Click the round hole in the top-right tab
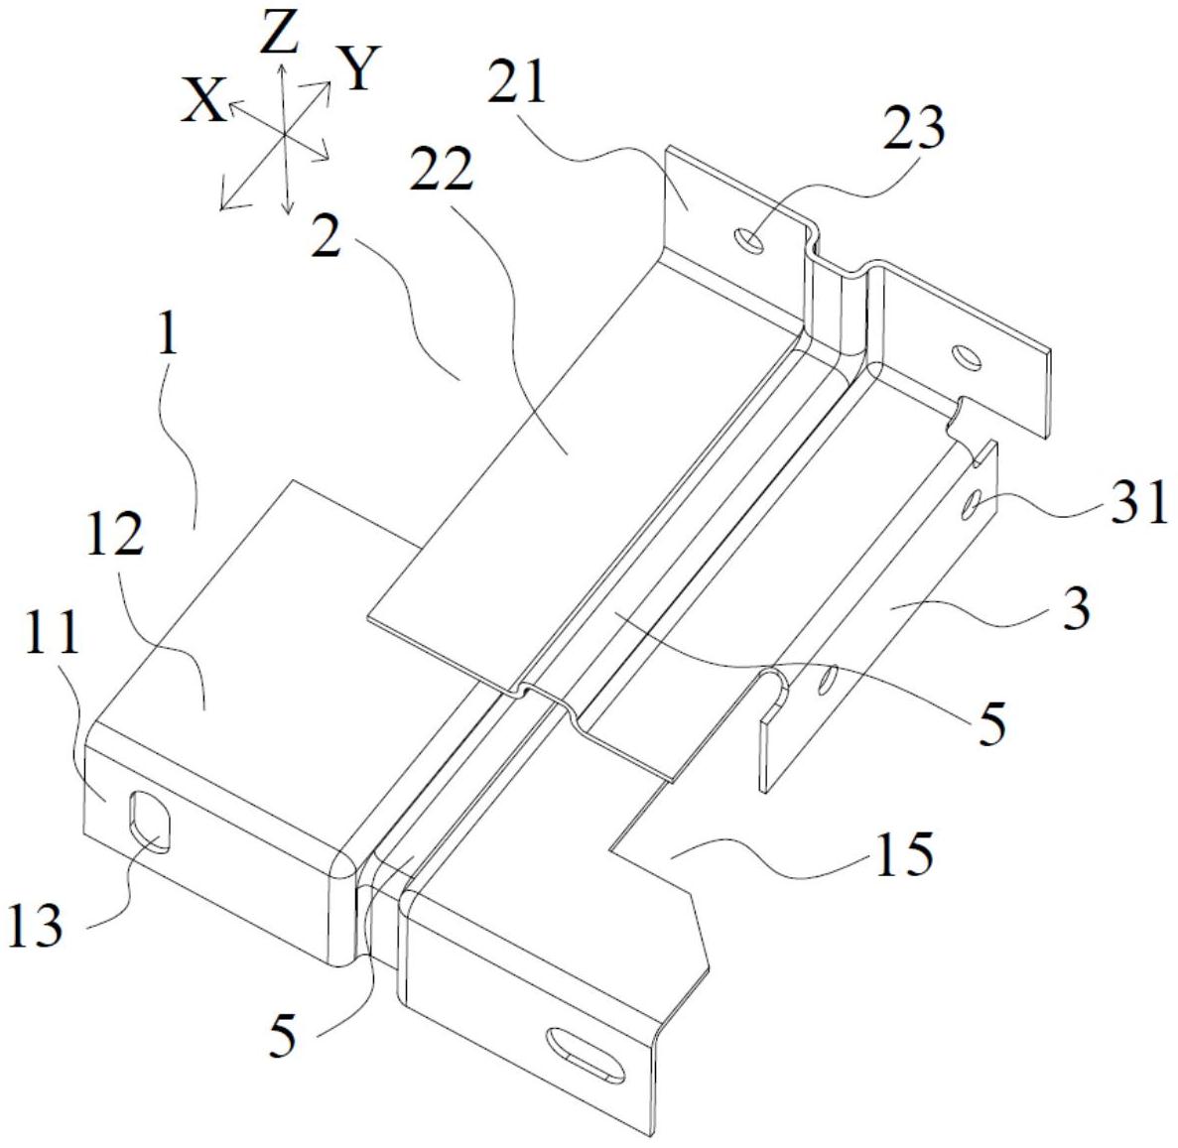pos(966,356)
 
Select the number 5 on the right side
pos(989,721)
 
